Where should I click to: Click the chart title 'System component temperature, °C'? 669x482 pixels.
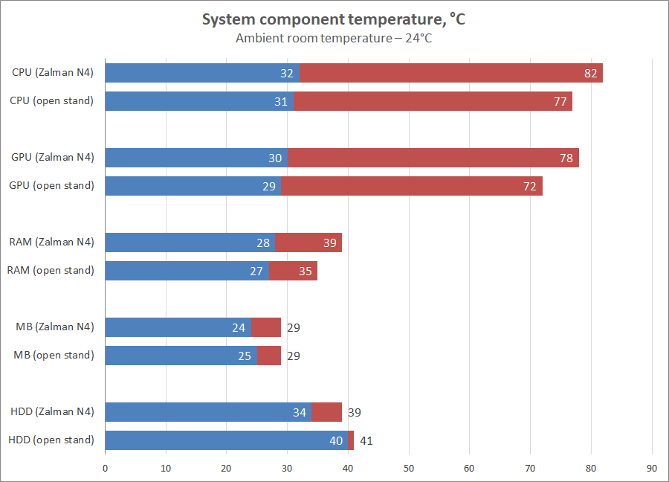(334, 20)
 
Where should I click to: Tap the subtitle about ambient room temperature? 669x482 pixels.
(334, 39)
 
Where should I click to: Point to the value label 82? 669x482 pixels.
(591, 73)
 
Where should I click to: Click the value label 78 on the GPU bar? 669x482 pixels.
(567, 158)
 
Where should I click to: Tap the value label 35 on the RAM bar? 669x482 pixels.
(306, 271)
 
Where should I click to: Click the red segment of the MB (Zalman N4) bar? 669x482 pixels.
(266, 327)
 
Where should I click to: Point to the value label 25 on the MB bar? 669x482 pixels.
(245, 356)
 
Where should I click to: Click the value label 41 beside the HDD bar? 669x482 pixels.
(366, 440)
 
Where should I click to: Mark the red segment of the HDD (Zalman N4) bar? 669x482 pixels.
(326, 412)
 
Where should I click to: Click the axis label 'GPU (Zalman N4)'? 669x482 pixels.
(53, 158)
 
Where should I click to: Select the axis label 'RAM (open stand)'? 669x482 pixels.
(51, 271)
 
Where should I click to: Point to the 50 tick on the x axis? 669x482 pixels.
(409, 469)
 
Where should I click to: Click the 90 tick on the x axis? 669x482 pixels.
(652, 469)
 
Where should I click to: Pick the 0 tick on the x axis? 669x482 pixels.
(105, 469)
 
